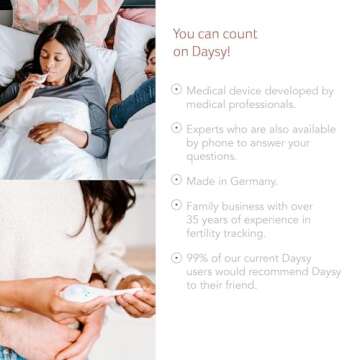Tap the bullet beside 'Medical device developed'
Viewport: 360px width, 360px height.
click(177, 89)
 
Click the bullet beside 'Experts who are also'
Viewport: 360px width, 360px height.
click(177, 127)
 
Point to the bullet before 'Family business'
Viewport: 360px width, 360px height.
click(177, 204)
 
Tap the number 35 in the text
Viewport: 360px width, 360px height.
click(193, 220)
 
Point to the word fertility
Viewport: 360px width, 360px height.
click(209, 234)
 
